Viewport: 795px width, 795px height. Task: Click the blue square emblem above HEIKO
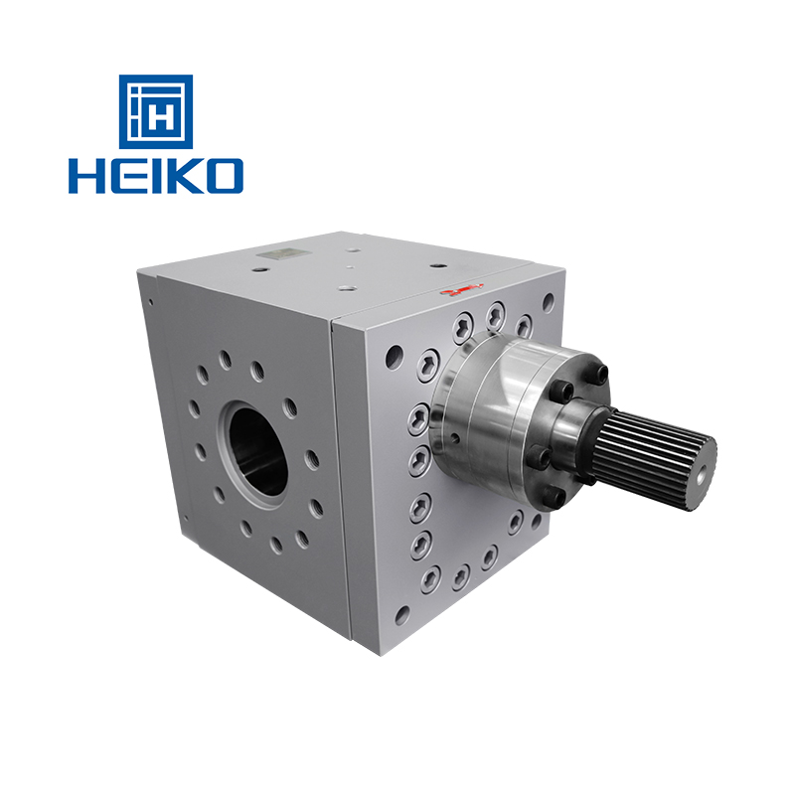click(x=156, y=111)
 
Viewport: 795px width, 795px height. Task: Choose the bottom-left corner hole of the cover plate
click(x=401, y=615)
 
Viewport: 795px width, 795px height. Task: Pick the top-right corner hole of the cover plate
click(x=547, y=298)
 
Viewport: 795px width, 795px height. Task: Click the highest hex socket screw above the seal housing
click(x=494, y=316)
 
